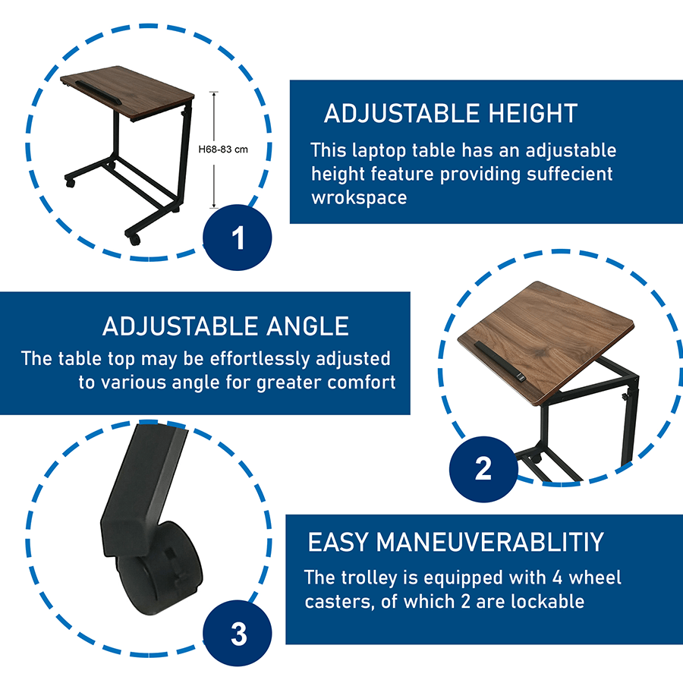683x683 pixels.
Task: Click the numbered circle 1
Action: tap(237, 238)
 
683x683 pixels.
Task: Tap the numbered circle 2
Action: tap(483, 469)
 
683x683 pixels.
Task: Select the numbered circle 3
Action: tap(238, 634)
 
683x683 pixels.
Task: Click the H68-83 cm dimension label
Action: tap(223, 150)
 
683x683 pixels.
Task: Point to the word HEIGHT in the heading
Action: tap(533, 114)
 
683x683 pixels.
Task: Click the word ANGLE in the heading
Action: tap(307, 326)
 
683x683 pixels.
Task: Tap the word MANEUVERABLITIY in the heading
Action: tap(489, 543)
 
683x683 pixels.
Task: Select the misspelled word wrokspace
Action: tap(359, 198)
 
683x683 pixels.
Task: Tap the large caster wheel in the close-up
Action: tap(160, 568)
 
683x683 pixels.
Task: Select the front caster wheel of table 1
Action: tap(134, 239)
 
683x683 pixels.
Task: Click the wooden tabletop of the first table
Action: tap(127, 92)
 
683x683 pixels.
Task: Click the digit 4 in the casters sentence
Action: tap(557, 578)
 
